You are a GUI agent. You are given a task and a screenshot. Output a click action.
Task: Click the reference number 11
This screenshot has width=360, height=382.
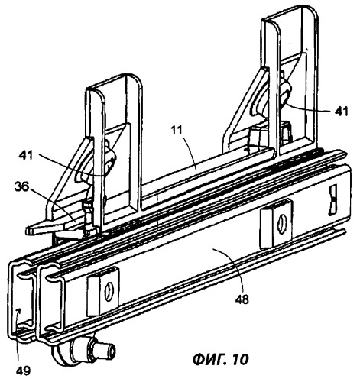tap(177, 131)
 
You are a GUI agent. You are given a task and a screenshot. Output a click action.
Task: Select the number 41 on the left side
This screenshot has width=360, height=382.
tap(26, 155)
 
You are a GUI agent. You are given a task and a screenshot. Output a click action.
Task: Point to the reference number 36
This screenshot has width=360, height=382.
tap(22, 188)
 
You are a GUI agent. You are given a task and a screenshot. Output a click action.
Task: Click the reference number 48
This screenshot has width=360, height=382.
tap(242, 299)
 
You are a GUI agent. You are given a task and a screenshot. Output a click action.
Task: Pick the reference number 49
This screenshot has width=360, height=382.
tap(23, 371)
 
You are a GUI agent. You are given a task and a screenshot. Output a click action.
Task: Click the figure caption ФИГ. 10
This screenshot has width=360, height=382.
tap(220, 359)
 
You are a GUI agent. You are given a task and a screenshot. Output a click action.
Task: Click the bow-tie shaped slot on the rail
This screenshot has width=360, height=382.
tap(332, 200)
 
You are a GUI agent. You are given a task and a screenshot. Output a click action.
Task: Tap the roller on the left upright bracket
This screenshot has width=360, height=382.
tap(110, 161)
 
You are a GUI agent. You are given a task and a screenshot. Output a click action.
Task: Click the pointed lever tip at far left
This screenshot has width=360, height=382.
tap(28, 231)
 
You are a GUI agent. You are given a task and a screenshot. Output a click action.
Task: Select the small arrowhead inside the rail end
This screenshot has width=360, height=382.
tap(18, 311)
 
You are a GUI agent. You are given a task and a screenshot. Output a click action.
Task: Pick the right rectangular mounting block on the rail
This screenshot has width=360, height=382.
tap(276, 224)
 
